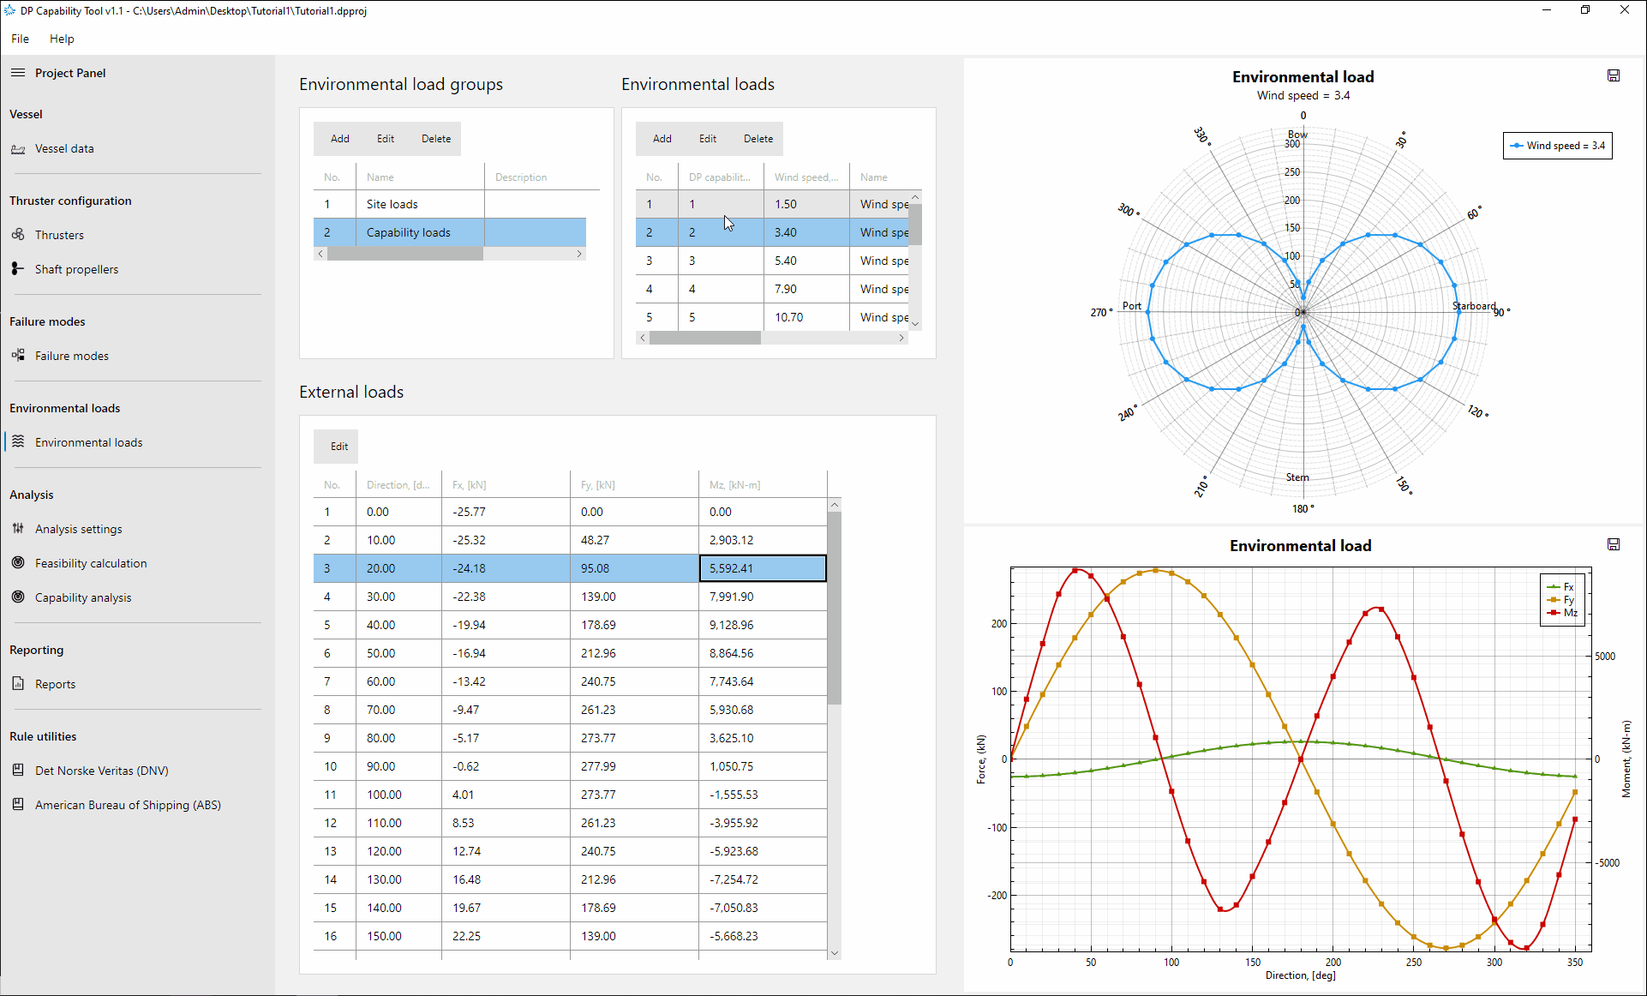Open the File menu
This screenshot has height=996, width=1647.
point(20,39)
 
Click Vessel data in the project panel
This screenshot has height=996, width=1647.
point(64,148)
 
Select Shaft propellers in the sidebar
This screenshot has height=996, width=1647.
point(76,269)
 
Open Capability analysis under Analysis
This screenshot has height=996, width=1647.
point(83,597)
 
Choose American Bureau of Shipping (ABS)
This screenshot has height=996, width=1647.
point(128,805)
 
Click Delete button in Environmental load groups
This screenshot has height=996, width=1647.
point(436,139)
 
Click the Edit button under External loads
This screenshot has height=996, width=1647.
point(339,447)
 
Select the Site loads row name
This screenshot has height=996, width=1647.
point(392,204)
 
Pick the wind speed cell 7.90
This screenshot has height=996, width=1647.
point(786,289)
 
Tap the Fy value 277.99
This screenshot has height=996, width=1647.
point(598,766)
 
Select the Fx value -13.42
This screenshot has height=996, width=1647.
point(469,681)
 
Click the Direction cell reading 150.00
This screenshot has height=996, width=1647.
point(384,936)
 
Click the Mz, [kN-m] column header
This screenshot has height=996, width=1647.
point(734,485)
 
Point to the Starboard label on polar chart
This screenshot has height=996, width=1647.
point(1474,306)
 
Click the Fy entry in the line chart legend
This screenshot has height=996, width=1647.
point(1569,600)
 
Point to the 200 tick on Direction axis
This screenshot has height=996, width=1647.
point(1333,963)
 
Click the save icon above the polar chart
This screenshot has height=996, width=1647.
point(1614,75)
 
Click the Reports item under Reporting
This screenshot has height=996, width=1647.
point(55,684)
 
